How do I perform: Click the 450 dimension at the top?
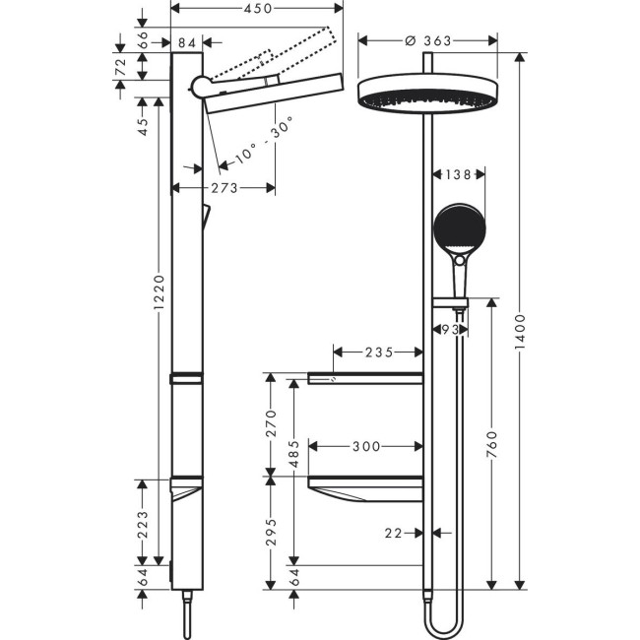click(257, 8)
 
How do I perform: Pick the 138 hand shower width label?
click(459, 174)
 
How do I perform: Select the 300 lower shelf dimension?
click(365, 446)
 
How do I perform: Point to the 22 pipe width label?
click(396, 533)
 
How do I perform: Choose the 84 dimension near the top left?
click(186, 41)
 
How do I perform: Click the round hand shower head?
click(458, 228)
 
